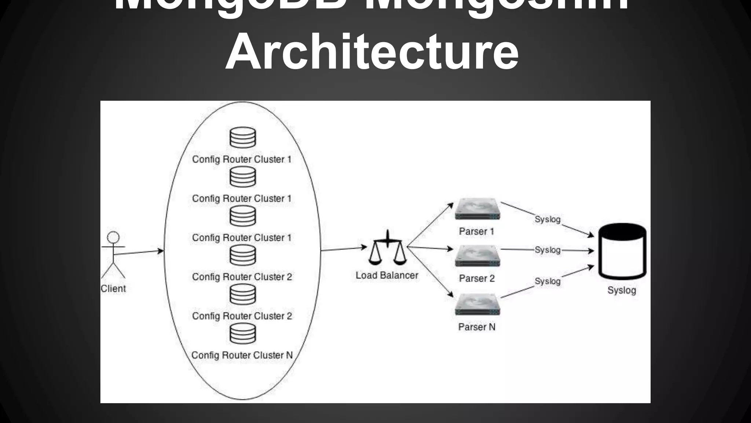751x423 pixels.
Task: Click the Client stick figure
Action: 113,255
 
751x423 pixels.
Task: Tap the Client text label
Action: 113,289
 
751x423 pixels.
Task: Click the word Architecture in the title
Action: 372,51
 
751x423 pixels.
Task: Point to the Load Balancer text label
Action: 387,275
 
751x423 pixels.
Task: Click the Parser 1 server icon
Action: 477,209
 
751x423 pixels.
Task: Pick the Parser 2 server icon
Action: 477,256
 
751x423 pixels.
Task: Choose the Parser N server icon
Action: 477,304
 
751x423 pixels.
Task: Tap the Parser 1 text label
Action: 476,231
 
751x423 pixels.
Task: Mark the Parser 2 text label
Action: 477,278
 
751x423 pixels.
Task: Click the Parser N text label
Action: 477,327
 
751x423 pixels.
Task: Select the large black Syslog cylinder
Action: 622,252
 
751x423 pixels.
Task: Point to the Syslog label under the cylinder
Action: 622,290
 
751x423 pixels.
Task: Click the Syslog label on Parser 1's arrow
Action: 547,219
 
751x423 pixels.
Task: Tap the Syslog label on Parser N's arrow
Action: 547,281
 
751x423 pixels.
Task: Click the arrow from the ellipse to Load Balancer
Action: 344,249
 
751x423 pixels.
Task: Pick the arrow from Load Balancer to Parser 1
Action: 430,225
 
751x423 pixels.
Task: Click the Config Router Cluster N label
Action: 242,355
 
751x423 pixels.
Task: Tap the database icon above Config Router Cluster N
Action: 243,333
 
